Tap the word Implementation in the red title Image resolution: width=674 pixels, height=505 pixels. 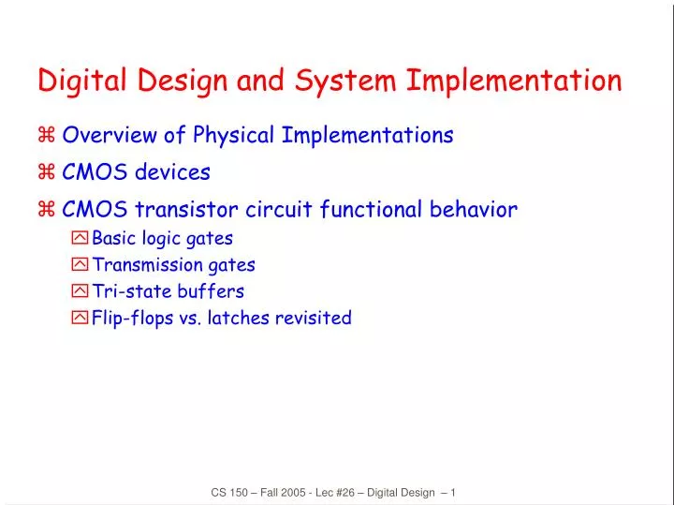tap(514, 82)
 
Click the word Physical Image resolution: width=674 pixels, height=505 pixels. tap(234, 136)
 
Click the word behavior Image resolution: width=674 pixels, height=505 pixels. tap(473, 210)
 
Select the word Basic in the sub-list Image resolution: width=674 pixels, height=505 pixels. tap(114, 238)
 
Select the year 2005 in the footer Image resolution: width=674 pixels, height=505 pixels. tap(286, 493)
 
